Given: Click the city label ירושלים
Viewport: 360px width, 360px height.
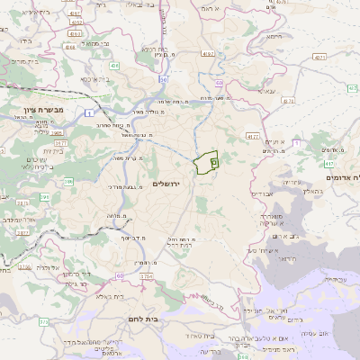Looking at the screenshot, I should tap(167, 184).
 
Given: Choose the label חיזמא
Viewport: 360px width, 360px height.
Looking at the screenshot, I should tap(274, 37).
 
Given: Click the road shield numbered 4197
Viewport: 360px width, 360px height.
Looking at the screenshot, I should tap(209, 55).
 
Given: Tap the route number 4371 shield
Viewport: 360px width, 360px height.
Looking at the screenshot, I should tap(320, 57).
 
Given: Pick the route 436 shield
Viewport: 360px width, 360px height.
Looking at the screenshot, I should tap(114, 65).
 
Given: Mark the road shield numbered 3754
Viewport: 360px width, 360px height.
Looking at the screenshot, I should tap(145, 276).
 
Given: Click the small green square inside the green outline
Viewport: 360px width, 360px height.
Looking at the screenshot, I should tap(214, 162).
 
